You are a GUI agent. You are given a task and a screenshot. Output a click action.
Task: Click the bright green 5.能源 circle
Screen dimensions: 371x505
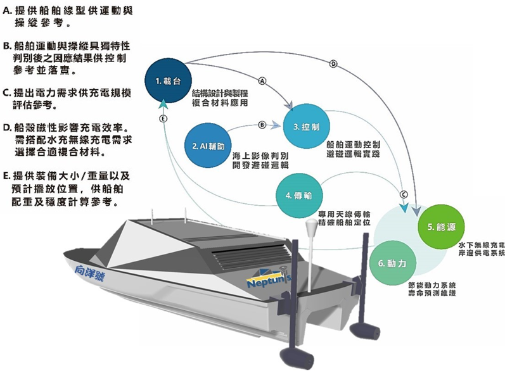click(x=441, y=226)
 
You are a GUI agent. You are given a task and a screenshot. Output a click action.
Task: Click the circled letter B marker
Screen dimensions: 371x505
click(x=261, y=124)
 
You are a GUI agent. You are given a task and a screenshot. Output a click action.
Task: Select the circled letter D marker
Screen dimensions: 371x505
click(x=333, y=64)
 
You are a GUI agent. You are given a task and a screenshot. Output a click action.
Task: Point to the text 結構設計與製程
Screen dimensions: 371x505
click(x=221, y=92)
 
